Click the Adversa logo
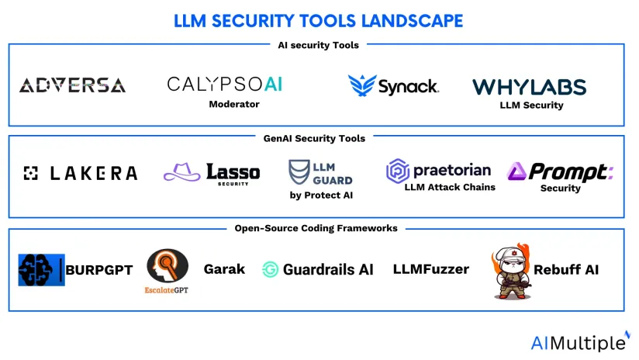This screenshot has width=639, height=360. (72, 85)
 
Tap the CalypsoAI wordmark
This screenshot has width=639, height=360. (225, 84)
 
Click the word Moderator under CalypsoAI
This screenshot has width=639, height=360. (233, 104)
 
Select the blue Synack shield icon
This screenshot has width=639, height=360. (361, 85)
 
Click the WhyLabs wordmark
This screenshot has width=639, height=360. (530, 87)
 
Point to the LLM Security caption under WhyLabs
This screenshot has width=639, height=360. (531, 106)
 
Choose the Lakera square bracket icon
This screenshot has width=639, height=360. (31, 173)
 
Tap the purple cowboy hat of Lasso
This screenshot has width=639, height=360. (182, 172)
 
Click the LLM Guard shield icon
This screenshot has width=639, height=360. (299, 172)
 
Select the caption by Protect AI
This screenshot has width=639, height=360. (321, 196)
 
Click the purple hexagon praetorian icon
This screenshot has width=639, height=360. (398, 171)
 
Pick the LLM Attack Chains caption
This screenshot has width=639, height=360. (450, 187)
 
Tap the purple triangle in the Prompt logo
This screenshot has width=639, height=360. (517, 171)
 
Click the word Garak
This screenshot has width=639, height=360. (224, 269)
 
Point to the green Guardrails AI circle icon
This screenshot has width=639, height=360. (271, 270)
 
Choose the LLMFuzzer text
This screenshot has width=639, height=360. (430, 269)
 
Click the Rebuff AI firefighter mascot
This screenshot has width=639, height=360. (510, 272)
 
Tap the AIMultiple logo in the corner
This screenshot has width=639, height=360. (579, 342)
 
